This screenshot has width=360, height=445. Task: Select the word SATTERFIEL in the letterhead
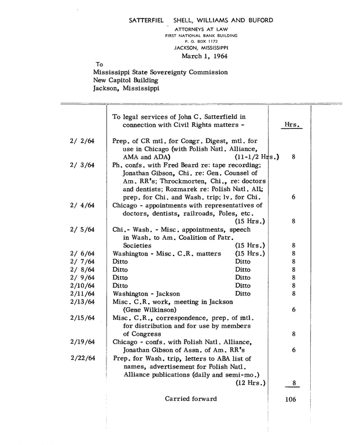click(146, 20)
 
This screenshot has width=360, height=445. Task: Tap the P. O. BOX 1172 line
click(201, 42)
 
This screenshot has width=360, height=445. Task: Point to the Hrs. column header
click(293, 125)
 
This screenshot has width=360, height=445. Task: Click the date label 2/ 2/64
click(82, 141)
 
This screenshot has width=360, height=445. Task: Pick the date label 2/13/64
click(82, 302)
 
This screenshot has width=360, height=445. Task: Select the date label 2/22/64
click(82, 358)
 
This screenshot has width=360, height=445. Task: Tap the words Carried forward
click(190, 399)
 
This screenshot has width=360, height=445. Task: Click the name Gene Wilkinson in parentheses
click(149, 310)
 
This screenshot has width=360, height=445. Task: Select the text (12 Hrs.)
click(250, 382)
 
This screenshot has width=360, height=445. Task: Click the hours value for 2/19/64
click(294, 350)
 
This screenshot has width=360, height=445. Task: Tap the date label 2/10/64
click(82, 286)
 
